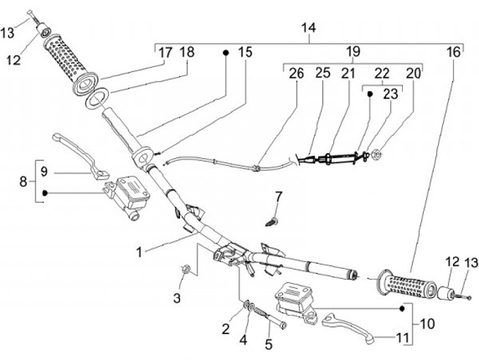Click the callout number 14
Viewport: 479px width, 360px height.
click(x=308, y=29)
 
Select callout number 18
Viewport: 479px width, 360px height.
click(x=187, y=53)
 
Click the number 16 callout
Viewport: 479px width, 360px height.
click(x=453, y=53)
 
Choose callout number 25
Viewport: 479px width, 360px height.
click(x=323, y=73)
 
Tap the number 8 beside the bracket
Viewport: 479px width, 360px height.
click(x=24, y=180)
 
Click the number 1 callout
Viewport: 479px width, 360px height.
click(x=139, y=252)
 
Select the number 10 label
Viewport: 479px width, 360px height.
click(x=426, y=325)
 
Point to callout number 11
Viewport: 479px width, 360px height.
click(x=401, y=338)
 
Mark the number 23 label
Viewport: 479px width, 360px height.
click(x=391, y=94)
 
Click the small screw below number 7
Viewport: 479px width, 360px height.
click(x=271, y=219)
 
